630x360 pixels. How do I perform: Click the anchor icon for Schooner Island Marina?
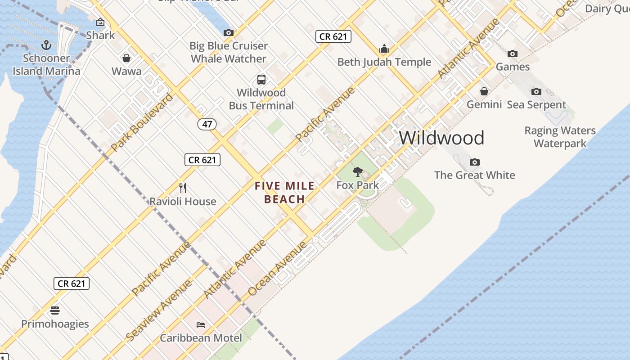pyautogui.click(x=46, y=45)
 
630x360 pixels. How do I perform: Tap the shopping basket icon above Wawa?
pyautogui.click(x=126, y=58)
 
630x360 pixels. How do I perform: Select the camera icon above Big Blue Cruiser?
pyautogui.click(x=229, y=32)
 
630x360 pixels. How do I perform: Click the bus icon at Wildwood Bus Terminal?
pyautogui.click(x=261, y=80)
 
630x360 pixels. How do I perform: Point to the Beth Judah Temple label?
pyautogui.click(x=384, y=62)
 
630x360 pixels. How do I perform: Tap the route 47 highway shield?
pyautogui.click(x=207, y=124)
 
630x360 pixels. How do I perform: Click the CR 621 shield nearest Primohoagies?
pyautogui.click(x=72, y=283)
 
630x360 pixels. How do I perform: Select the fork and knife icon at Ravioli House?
pyautogui.click(x=183, y=188)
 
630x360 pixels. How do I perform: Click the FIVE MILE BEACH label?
pyautogui.click(x=284, y=192)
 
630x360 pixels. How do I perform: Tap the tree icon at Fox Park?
pyautogui.click(x=358, y=171)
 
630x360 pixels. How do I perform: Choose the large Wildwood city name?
pyautogui.click(x=441, y=138)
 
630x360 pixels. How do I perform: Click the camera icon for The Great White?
pyautogui.click(x=474, y=162)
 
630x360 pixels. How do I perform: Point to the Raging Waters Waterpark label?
pyautogui.click(x=560, y=137)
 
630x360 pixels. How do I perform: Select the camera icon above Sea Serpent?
pyautogui.click(x=536, y=92)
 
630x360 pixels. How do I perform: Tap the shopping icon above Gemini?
pyautogui.click(x=484, y=92)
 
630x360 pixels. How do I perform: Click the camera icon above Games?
pyautogui.click(x=512, y=54)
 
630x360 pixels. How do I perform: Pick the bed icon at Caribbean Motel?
pyautogui.click(x=201, y=324)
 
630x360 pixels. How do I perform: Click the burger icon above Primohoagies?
pyautogui.click(x=55, y=310)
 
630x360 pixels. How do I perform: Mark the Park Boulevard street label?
pyautogui.click(x=141, y=122)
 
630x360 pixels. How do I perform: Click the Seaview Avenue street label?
pyautogui.click(x=159, y=310)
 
